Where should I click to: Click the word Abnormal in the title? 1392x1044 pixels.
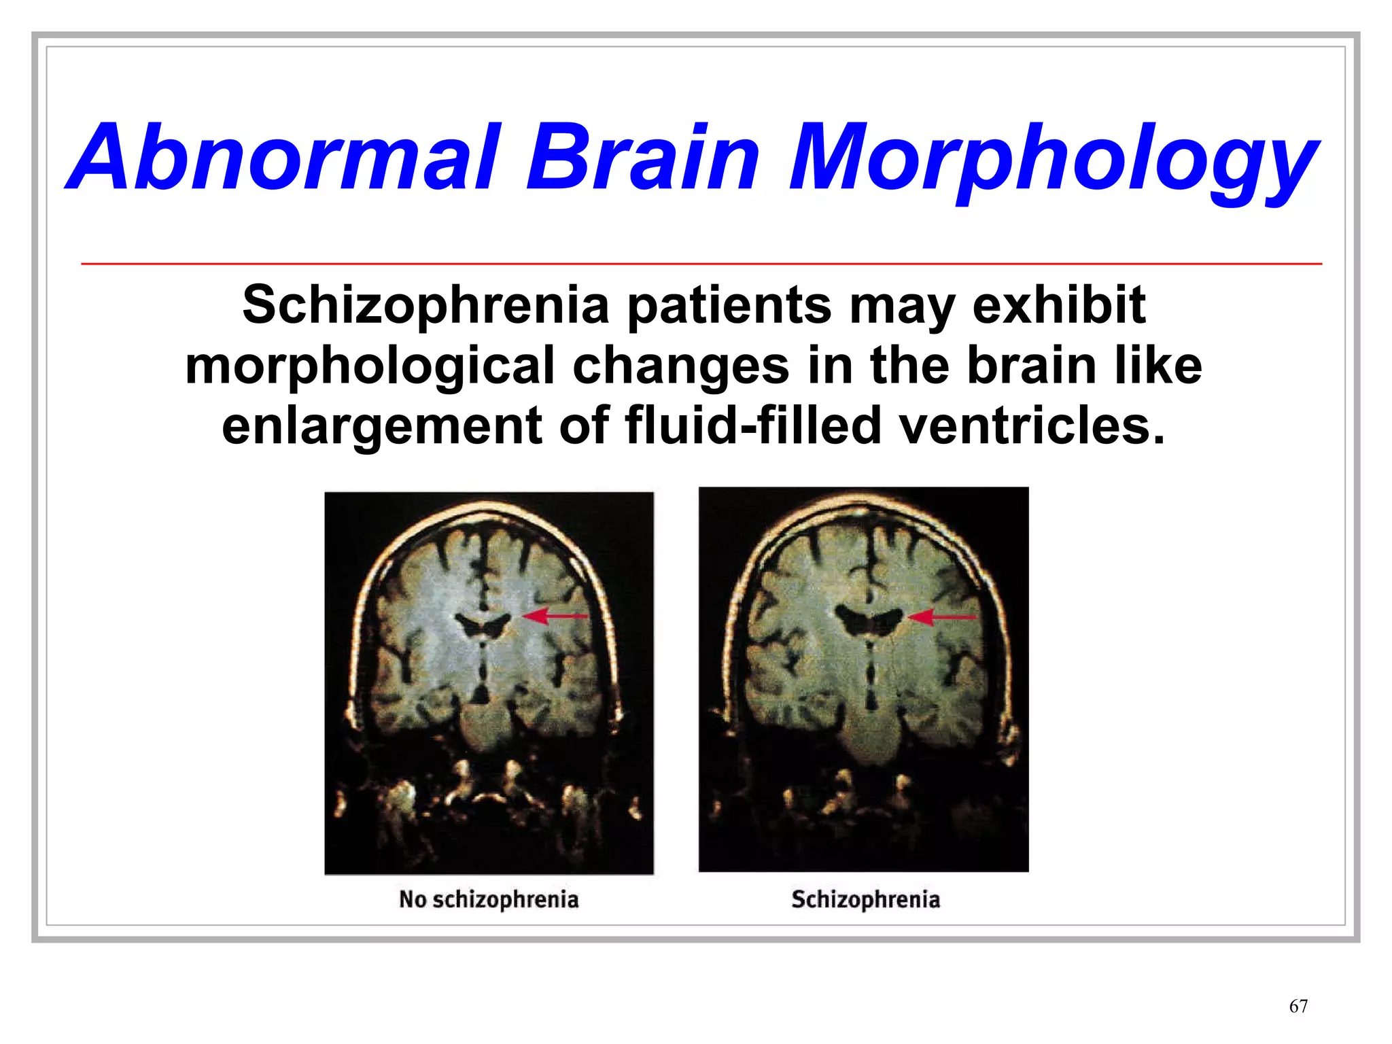285,158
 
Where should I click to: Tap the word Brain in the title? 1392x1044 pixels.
642,158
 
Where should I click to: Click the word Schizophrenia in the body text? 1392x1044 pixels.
425,306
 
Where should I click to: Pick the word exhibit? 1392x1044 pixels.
1058,304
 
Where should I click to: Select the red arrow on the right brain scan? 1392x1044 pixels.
942,617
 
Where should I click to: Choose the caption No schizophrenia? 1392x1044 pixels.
489,899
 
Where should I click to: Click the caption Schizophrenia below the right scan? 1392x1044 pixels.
865,899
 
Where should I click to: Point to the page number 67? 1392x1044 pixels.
1298,1006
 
